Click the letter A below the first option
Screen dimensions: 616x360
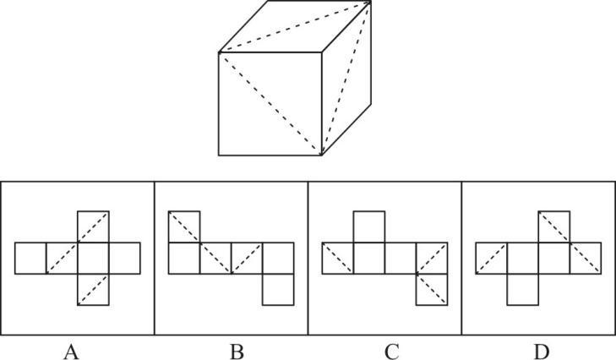[x=71, y=352]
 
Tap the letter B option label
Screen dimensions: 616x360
[x=237, y=352]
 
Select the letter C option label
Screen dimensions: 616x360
[x=392, y=352]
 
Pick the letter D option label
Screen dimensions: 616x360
[x=542, y=352]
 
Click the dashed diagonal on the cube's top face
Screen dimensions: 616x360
[x=295, y=27]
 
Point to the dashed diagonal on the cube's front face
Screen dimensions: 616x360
[x=270, y=104]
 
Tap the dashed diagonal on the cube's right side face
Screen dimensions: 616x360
[x=346, y=79]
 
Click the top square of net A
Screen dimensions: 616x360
[x=93, y=226]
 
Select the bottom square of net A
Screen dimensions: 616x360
[x=93, y=289]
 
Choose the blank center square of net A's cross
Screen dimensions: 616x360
[x=93, y=259]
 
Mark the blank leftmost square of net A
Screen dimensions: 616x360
[x=30, y=259]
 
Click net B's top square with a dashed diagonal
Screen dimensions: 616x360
[x=184, y=226]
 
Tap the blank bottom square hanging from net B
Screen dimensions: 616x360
[x=278, y=289]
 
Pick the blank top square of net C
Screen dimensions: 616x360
[x=369, y=226]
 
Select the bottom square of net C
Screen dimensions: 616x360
[x=432, y=289]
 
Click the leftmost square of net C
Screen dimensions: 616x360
[x=338, y=259]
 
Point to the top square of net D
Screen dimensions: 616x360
[x=554, y=226]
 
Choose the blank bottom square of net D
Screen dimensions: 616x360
[x=523, y=289]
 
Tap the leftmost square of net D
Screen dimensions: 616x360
[x=492, y=259]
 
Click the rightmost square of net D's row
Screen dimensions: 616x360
[x=586, y=259]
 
